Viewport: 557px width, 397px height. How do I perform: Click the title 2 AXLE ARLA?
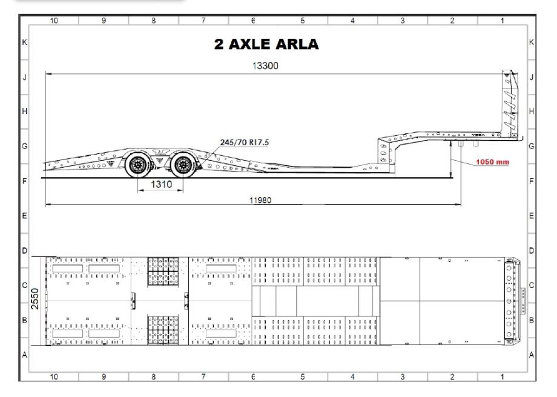tap(266, 44)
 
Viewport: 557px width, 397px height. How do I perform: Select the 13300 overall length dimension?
tap(265, 65)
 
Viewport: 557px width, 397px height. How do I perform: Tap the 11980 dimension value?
tap(260, 200)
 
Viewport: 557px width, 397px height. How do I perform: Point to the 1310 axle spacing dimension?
tap(161, 184)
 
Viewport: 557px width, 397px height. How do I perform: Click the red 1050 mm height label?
tap(492, 162)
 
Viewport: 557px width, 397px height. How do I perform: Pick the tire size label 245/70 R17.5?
tap(245, 142)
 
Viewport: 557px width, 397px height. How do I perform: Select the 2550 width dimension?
tap(35, 299)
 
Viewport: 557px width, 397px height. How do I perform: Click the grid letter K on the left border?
tap(24, 42)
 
